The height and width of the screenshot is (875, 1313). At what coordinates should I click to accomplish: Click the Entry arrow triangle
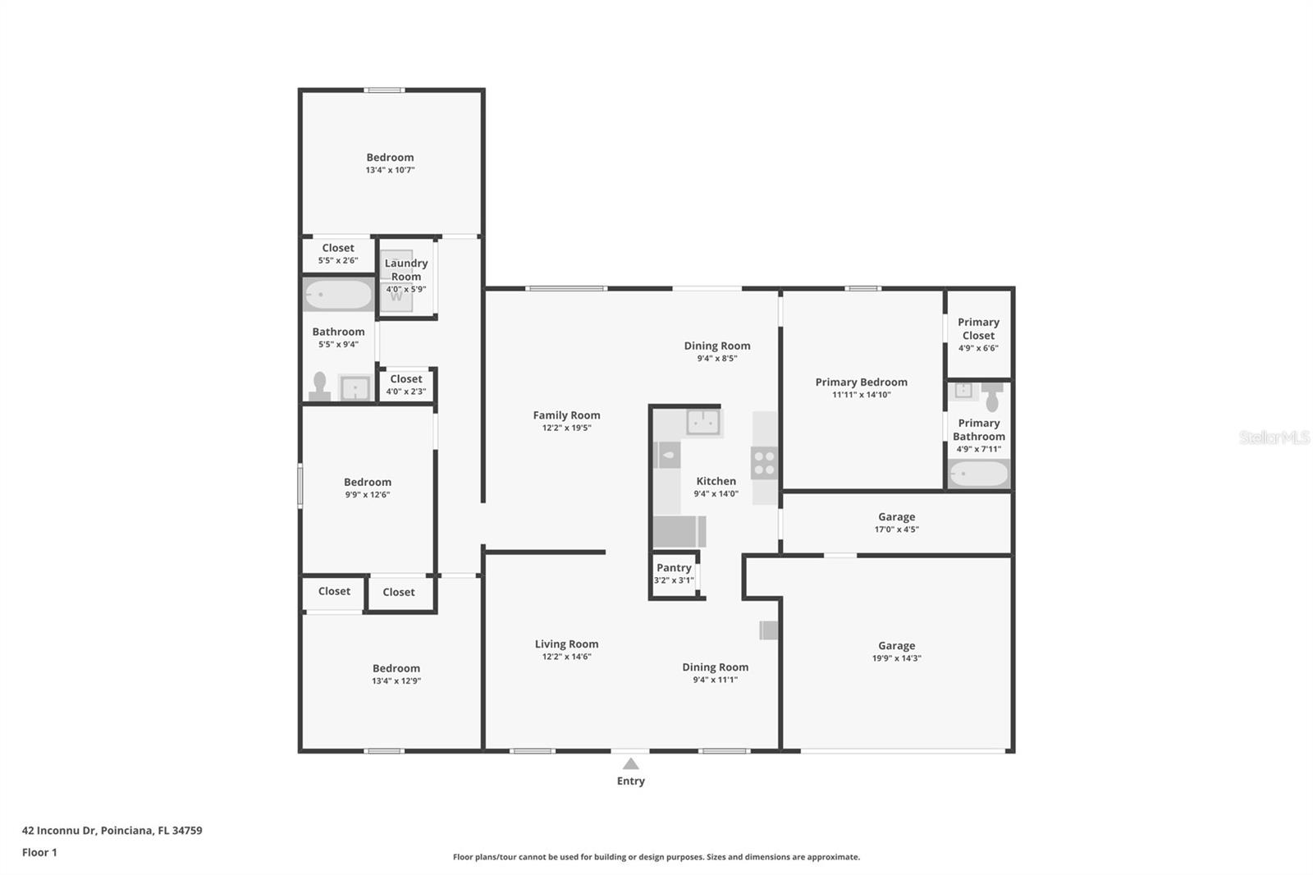630,764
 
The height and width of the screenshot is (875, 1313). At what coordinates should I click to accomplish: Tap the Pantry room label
674,568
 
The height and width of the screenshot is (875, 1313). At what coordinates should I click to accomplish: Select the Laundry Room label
406,269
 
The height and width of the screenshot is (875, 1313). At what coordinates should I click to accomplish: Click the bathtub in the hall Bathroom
339,295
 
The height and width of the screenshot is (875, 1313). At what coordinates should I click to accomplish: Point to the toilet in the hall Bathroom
319,387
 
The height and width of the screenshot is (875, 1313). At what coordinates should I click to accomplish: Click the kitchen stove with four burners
764,463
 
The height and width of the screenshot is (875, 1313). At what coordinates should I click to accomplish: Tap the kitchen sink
703,422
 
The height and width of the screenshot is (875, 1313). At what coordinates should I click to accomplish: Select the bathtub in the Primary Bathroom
978,474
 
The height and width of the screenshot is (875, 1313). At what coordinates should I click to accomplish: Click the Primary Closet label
978,328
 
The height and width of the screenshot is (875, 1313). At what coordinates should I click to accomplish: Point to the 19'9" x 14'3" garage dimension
896,658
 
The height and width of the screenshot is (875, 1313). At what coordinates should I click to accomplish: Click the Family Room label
566,415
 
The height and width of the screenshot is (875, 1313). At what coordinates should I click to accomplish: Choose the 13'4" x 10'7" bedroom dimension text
390,170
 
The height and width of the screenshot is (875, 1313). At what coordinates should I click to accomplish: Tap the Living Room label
566,644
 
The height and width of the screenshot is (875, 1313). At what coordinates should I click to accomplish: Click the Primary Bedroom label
861,382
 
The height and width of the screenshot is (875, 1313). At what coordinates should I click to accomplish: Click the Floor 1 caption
39,852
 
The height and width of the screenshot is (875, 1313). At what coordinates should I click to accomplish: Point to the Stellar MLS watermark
1274,438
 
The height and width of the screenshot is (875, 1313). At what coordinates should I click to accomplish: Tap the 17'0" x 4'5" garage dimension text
896,529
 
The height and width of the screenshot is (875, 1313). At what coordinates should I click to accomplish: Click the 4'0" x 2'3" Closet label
405,379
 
